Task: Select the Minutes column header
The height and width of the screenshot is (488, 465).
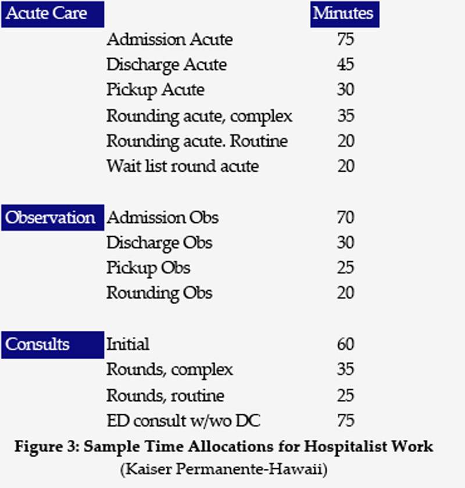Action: (344, 13)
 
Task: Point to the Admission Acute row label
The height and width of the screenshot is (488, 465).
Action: (169, 40)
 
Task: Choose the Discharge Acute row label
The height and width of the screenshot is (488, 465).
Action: (166, 65)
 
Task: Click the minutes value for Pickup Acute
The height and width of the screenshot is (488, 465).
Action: (345, 91)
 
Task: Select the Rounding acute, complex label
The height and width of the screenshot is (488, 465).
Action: (199, 116)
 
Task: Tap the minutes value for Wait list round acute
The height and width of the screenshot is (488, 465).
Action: (345, 167)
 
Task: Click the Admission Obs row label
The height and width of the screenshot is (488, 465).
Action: (163, 218)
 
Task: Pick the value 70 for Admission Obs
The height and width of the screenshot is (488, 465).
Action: (345, 218)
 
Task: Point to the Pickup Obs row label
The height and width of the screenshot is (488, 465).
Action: (148, 268)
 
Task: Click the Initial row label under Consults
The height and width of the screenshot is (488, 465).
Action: (127, 345)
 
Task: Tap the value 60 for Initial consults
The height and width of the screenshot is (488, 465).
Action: (345, 345)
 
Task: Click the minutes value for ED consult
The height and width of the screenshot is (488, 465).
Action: (345, 421)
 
